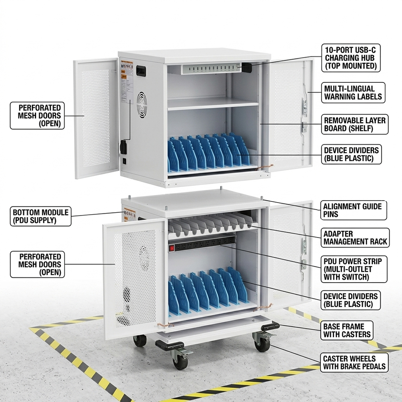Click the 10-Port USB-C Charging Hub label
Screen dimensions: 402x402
click(x=351, y=58)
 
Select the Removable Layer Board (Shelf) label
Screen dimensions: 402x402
click(x=355, y=124)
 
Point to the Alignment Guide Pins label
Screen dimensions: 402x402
click(x=353, y=210)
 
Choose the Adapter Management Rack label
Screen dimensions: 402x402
click(x=355, y=238)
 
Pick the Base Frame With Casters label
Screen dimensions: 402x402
click(x=347, y=330)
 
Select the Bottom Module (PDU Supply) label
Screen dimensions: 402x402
click(x=41, y=216)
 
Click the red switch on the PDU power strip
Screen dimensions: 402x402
click(x=172, y=248)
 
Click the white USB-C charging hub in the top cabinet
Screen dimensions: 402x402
click(x=209, y=69)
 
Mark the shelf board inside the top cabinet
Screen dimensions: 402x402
click(x=213, y=104)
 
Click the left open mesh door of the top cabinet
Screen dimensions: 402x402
click(x=95, y=119)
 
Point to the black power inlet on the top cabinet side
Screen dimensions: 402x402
click(x=124, y=147)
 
